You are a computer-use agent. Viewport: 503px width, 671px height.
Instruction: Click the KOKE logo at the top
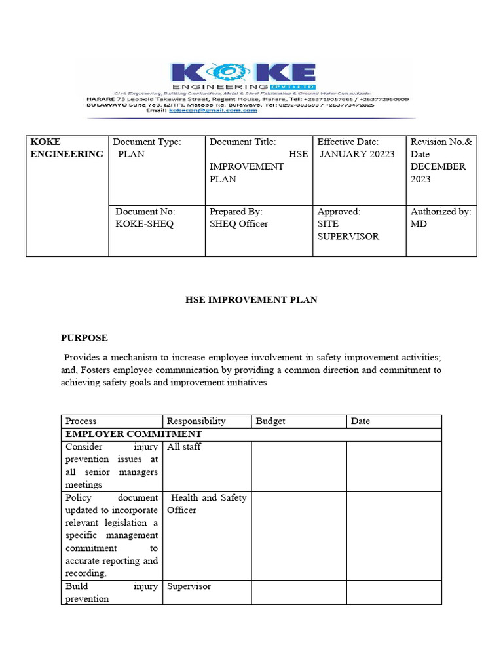click(x=244, y=74)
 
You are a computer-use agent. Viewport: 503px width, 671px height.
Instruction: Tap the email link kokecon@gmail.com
click(x=213, y=111)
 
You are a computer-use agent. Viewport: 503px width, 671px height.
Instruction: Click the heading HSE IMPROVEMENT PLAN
click(x=251, y=299)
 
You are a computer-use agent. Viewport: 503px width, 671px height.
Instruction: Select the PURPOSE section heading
click(x=84, y=338)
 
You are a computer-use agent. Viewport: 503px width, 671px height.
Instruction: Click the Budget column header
click(x=270, y=421)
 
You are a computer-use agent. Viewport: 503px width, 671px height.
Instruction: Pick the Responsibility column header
click(x=196, y=421)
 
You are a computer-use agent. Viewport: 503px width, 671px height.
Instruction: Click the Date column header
click(x=360, y=421)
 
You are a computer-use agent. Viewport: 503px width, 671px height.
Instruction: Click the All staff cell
click(x=184, y=447)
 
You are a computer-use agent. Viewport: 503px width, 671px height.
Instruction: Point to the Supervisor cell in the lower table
click(x=189, y=586)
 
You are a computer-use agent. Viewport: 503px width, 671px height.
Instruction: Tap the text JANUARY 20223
click(x=357, y=154)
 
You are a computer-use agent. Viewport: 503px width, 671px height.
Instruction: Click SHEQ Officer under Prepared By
click(x=238, y=224)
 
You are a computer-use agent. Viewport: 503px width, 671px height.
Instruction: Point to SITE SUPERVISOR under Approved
click(x=348, y=230)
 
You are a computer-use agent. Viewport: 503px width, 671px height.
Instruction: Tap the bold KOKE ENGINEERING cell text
click(x=66, y=147)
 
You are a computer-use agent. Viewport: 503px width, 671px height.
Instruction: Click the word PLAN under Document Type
click(x=131, y=154)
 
